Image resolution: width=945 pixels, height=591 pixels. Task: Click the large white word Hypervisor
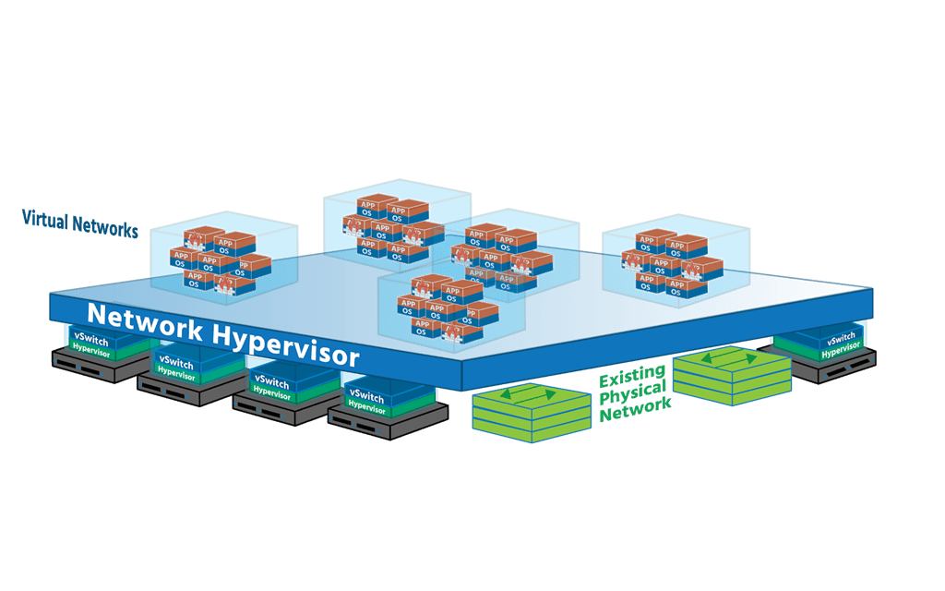pos(287,343)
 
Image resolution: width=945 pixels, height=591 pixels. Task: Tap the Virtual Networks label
pos(79,223)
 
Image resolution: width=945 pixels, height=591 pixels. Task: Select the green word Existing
pos(632,380)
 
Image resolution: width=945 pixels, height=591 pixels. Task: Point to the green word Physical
pos(635,397)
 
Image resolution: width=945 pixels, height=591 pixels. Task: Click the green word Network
pos(634,414)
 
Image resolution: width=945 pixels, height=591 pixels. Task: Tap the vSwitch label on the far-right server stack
pos(841,338)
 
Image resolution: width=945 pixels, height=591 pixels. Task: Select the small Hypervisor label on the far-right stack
pos(841,351)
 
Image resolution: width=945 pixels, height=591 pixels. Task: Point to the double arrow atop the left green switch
pos(532,394)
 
